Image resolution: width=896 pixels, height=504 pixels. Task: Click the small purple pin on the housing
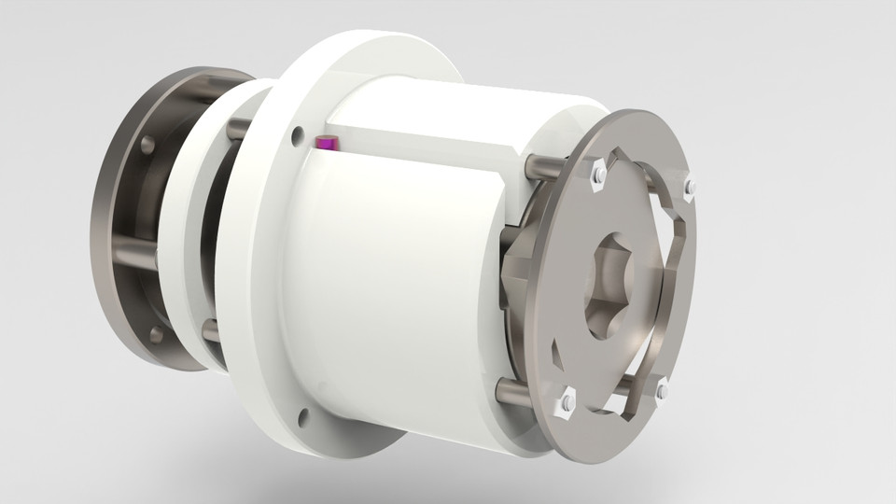tap(327, 143)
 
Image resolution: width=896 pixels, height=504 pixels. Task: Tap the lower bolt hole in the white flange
tap(301, 413)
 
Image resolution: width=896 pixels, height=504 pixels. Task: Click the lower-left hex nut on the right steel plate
tap(567, 401)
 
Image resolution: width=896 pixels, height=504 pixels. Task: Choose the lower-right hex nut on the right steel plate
tap(661, 390)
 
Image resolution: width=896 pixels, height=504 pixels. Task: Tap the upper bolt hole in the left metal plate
tap(147, 145)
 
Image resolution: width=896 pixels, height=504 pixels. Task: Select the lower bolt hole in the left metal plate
tap(155, 333)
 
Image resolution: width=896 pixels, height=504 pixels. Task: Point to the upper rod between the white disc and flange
tap(237, 127)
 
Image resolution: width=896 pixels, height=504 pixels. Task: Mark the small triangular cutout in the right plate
tap(558, 355)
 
